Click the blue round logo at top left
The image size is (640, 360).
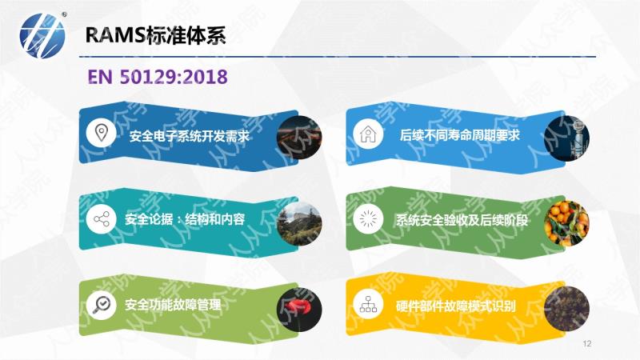click(x=42, y=35)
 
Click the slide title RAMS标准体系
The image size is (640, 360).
click(x=155, y=35)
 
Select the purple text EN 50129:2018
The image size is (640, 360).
click(x=158, y=77)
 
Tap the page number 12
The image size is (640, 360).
click(x=587, y=343)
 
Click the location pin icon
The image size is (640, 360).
click(x=102, y=133)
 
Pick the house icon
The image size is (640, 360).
click(x=368, y=134)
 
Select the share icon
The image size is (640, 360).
click(x=102, y=219)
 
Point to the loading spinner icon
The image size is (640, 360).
click(x=368, y=218)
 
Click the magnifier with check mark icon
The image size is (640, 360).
click(x=102, y=305)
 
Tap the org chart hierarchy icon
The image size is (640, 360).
click(x=368, y=304)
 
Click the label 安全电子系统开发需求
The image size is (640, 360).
click(x=190, y=136)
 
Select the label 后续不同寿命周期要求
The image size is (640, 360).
click(x=459, y=135)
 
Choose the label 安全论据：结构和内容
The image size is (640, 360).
click(x=185, y=219)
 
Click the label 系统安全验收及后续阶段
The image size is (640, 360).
click(x=462, y=221)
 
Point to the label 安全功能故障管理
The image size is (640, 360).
click(x=173, y=305)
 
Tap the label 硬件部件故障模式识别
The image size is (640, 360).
click(x=456, y=306)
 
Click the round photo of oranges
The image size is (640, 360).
click(x=566, y=223)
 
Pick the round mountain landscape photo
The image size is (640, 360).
click(x=299, y=223)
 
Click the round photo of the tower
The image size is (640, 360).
click(x=566, y=138)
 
